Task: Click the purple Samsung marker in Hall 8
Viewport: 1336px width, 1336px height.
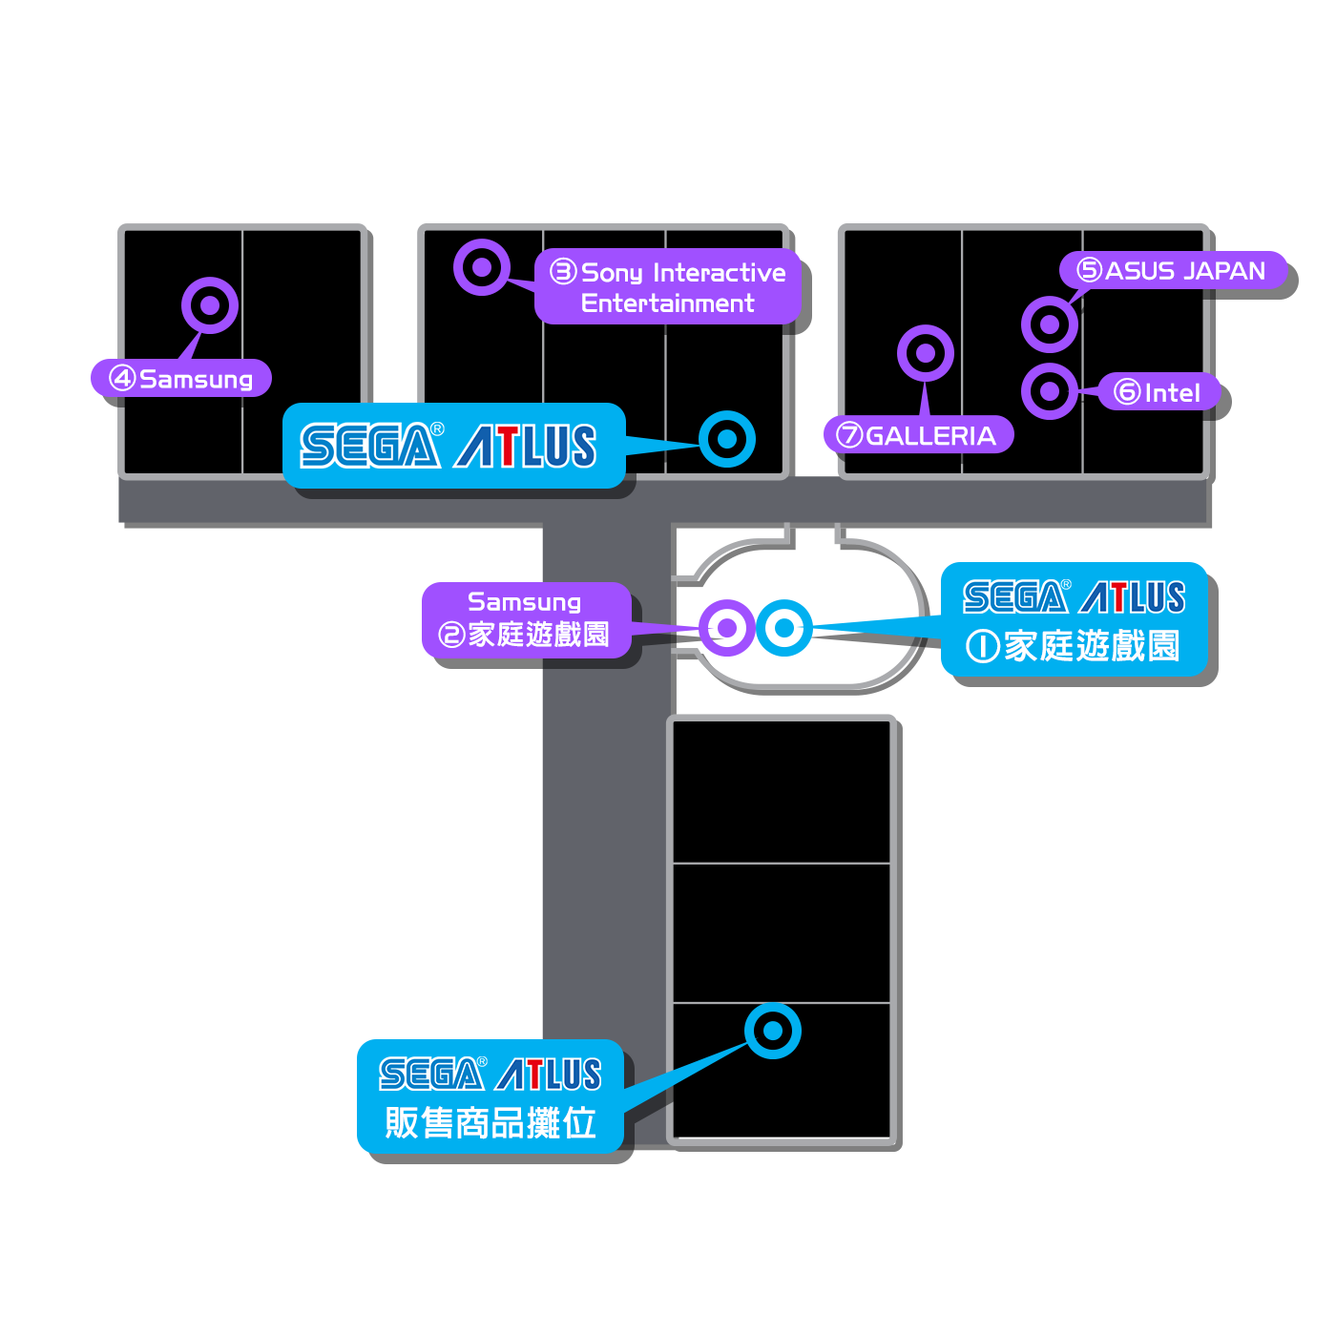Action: click(x=210, y=305)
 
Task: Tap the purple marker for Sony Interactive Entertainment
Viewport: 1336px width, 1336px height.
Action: click(x=482, y=267)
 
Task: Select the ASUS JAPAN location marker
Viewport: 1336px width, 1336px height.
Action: click(x=1050, y=324)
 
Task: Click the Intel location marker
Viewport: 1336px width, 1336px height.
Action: click(x=1050, y=391)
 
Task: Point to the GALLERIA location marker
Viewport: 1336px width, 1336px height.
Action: click(x=925, y=353)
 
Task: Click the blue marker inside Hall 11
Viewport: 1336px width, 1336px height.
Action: click(x=773, y=1031)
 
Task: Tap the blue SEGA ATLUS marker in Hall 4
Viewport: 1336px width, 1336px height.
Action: click(x=727, y=439)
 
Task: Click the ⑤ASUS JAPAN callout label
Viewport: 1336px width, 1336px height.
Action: click(x=1173, y=271)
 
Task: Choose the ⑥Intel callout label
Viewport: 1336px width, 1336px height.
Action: click(x=1159, y=392)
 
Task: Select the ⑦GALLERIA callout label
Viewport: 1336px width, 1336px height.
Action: click(x=918, y=435)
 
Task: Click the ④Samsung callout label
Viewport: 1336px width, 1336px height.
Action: click(x=182, y=379)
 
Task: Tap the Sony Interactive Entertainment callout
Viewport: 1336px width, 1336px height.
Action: click(x=668, y=287)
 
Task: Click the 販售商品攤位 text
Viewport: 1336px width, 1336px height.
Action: click(x=491, y=1122)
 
